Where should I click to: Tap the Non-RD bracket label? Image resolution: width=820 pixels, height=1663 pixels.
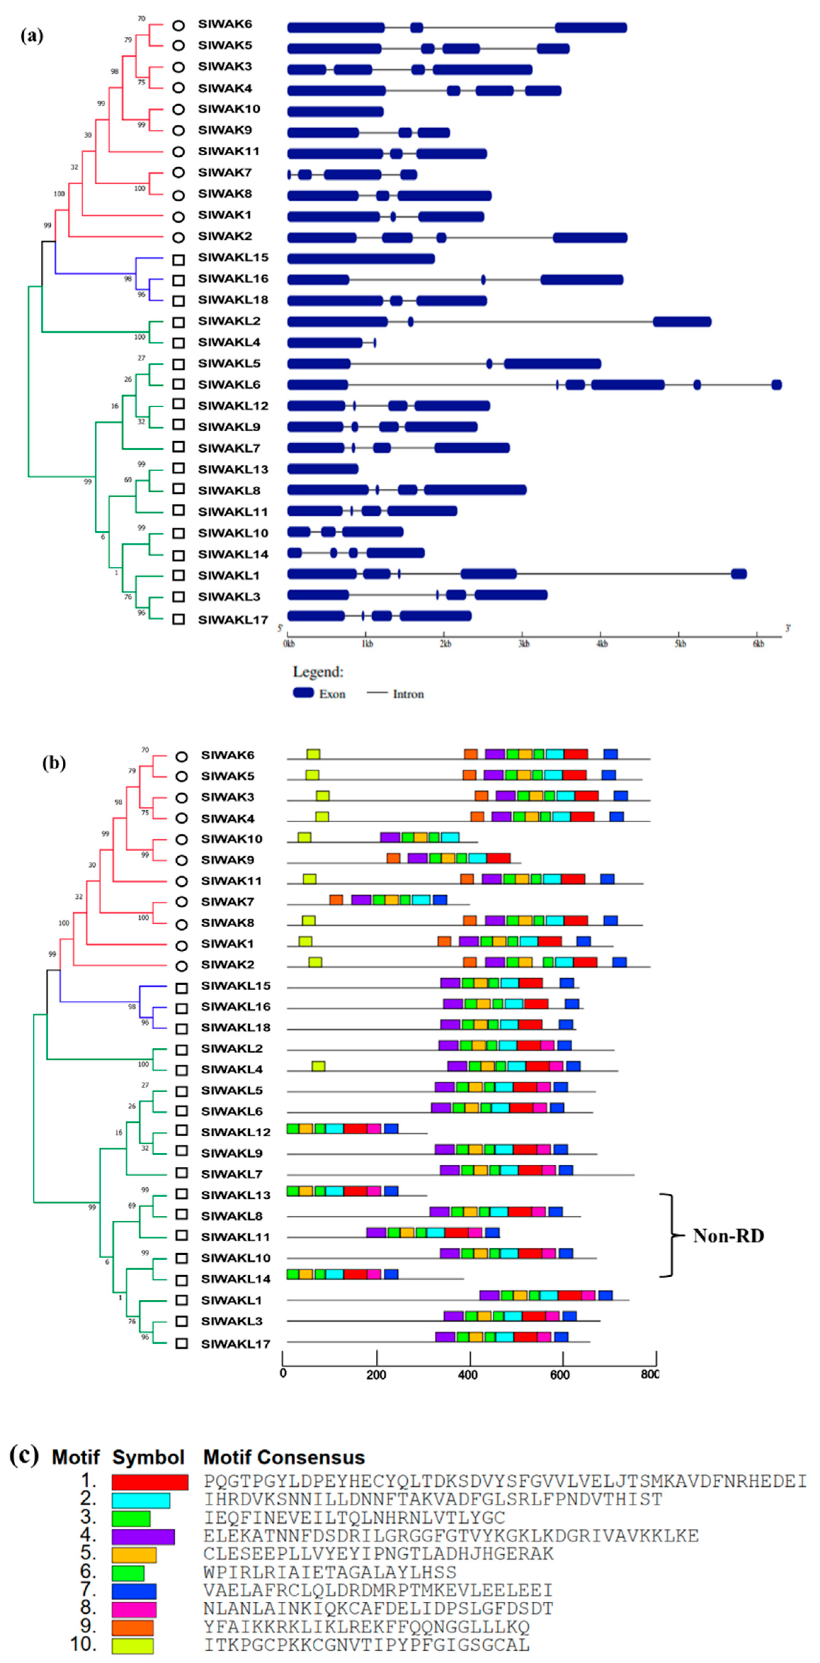(728, 1236)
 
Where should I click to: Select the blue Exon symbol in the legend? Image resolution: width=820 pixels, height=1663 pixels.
(303, 693)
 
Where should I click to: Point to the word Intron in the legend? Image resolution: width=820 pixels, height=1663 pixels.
(408, 694)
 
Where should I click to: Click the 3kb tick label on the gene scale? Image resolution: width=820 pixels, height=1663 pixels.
(523, 644)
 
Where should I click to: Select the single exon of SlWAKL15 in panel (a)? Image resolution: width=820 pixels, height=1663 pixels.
(361, 258)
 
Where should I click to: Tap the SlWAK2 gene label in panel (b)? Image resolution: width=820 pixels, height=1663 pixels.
(227, 964)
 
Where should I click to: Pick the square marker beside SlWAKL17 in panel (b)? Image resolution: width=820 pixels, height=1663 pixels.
(181, 1343)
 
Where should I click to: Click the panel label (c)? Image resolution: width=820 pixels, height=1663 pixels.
(24, 1455)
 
